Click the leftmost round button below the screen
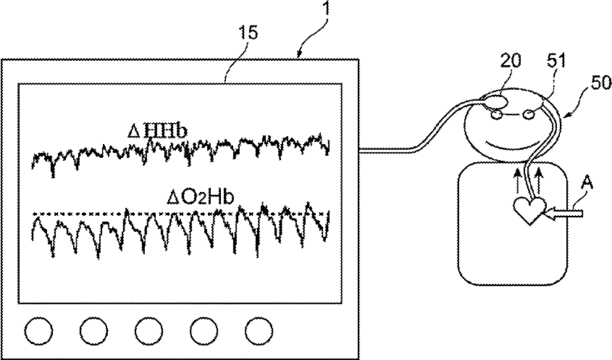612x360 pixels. pos(38,331)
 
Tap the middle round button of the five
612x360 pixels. pos(148,331)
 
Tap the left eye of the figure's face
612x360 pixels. pos(497,114)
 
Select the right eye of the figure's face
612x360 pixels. pos(529,114)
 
